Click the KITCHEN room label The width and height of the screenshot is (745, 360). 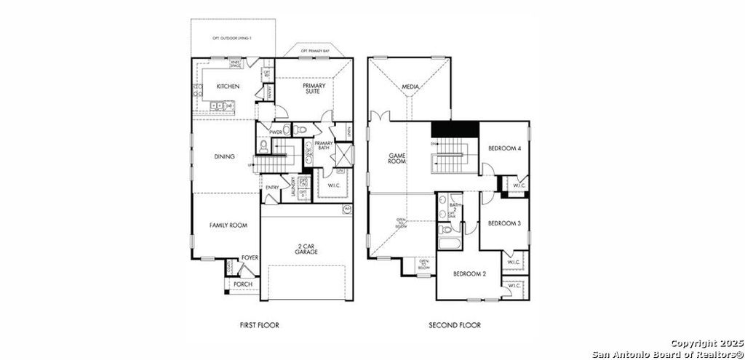[x=228, y=87]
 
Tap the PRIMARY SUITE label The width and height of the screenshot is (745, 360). [x=314, y=88]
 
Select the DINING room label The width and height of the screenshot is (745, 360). [x=224, y=156]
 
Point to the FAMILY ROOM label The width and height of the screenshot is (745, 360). [x=228, y=225]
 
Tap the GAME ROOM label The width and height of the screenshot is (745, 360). [x=397, y=159]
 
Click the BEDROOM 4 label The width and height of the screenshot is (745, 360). [x=504, y=148]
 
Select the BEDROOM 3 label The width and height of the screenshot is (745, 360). [x=504, y=223]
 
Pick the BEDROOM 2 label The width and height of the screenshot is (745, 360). [x=469, y=273]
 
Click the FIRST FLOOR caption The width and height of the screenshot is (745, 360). [x=258, y=325]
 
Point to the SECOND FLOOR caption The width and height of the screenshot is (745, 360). [x=455, y=325]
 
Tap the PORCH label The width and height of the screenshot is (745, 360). [x=243, y=284]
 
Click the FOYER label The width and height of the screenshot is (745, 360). [x=250, y=257]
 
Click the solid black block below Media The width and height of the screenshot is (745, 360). [x=455, y=128]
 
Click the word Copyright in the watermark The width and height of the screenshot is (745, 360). [x=696, y=342]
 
